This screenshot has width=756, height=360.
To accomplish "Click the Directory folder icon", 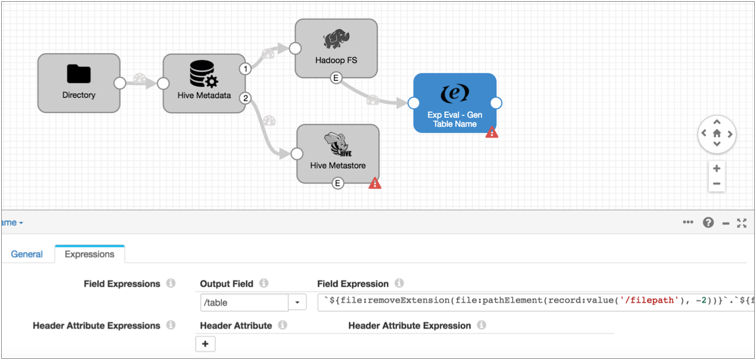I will pos(79,74).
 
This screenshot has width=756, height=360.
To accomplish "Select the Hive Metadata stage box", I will pos(204,83).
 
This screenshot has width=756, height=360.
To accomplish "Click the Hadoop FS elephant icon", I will pos(336,39).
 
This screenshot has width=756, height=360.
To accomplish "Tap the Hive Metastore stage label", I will pos(337,166).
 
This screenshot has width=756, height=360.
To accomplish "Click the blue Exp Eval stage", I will pos(454,103).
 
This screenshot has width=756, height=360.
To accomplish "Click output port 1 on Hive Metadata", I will pos(245,69).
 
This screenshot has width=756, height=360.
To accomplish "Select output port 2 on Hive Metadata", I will pos(245,98).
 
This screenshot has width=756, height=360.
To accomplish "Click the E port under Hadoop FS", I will pos(336,78).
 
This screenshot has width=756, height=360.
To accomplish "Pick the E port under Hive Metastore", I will pos(337,183).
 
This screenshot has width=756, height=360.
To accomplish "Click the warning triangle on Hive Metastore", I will pos(375,183).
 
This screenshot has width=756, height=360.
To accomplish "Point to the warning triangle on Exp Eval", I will pos(491,132).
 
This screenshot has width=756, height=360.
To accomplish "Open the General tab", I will pos(27,254).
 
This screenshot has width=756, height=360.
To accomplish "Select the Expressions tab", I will pos(90,254).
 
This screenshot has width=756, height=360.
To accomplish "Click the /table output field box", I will pos(244,302).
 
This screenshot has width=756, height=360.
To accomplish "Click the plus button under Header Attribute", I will pos(205,344).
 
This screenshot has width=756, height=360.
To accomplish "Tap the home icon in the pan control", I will pos(717,134).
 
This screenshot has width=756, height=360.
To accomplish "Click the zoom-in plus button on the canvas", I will pos(717,168).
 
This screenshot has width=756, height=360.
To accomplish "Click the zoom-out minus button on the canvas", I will pos(717,184).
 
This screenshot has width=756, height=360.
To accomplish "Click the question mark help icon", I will pos(708,223).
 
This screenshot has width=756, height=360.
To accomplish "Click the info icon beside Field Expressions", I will pos(171,284).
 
